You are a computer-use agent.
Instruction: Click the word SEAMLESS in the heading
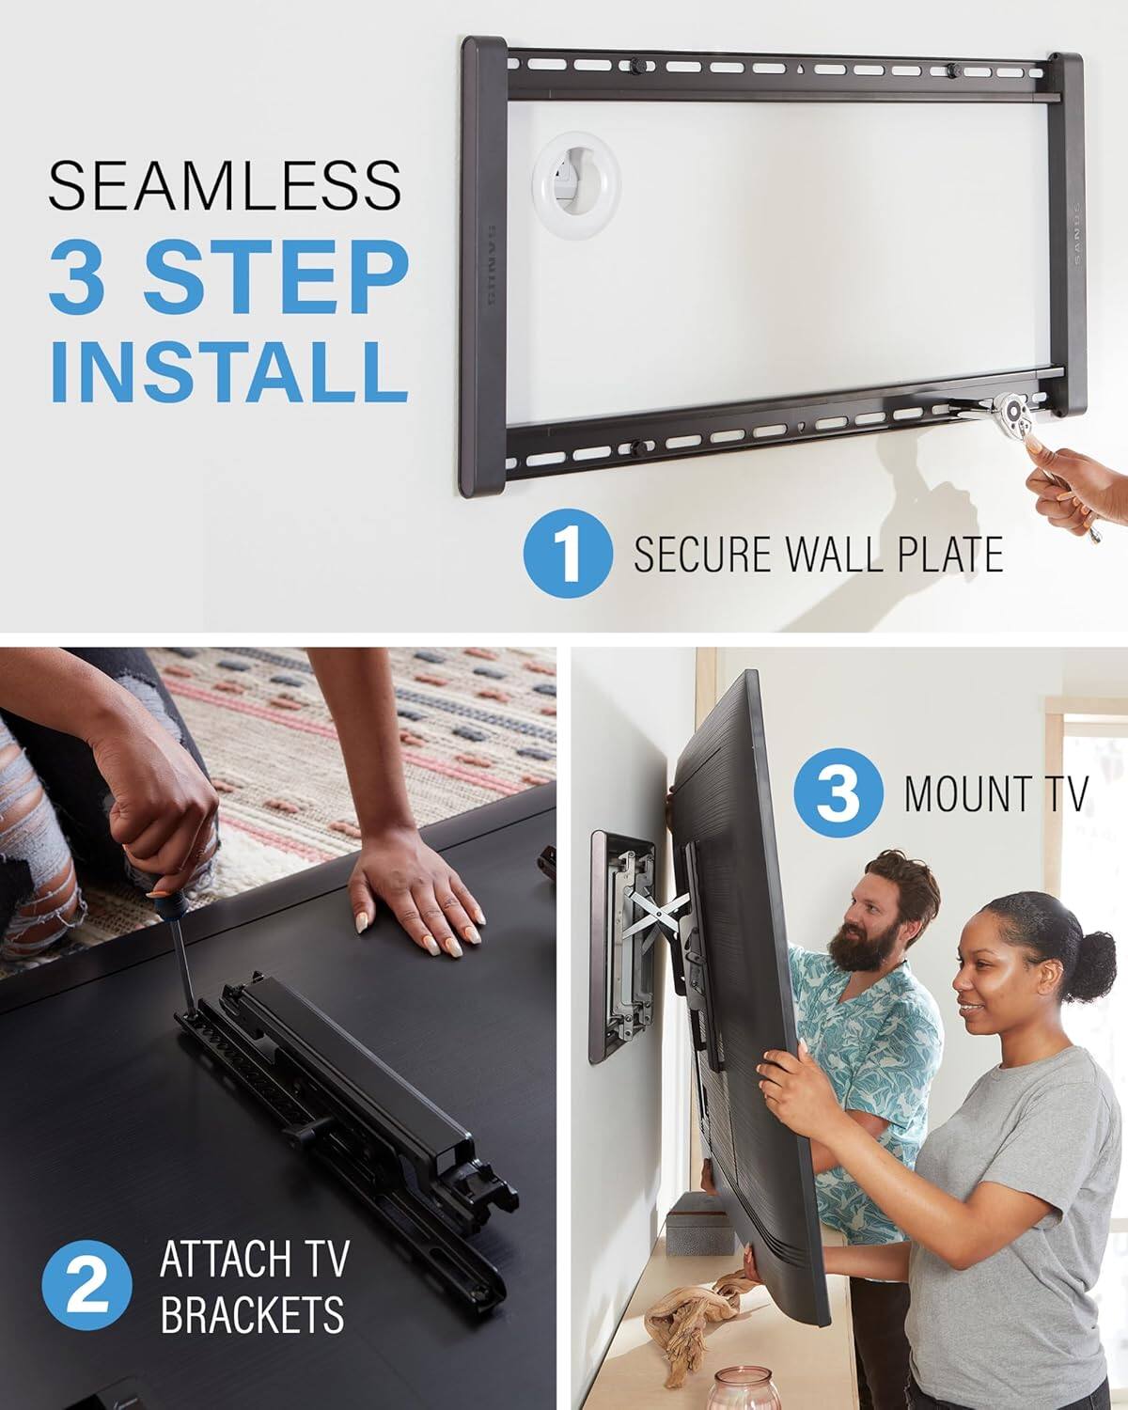225,185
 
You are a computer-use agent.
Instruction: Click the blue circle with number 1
567,556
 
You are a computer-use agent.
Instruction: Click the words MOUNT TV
995,793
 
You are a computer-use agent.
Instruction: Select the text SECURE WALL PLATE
817,555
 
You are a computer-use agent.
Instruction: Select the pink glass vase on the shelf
737,1386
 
